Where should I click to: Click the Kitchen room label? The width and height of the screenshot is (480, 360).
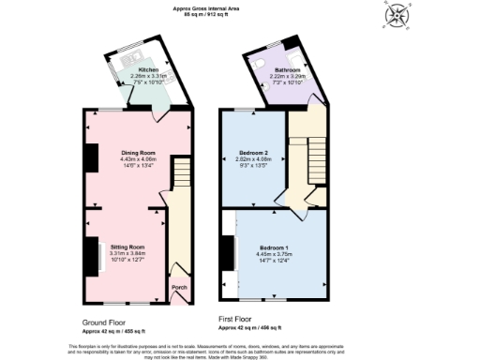[x=149, y=70]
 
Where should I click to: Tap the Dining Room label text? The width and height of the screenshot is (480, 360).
[x=138, y=153]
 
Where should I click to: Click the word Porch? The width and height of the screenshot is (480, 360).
[x=178, y=289]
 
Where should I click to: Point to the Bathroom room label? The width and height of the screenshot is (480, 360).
[x=287, y=70]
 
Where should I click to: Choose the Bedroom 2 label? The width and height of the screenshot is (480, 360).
[x=255, y=153]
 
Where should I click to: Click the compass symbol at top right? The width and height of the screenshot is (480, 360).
[x=399, y=16]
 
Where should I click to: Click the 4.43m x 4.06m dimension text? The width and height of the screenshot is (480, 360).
[x=138, y=159]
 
